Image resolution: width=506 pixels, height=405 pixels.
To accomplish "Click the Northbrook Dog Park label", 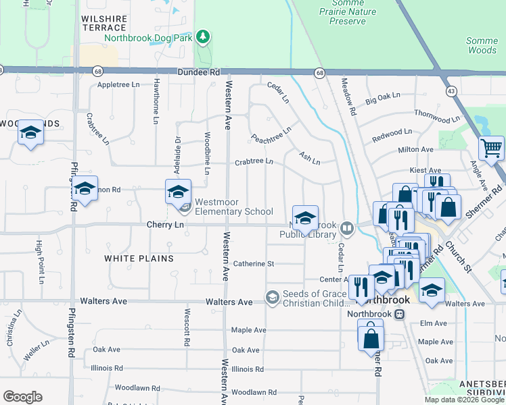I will pyautogui.click(x=149, y=38).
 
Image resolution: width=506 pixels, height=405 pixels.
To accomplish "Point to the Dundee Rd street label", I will pyautogui.click(x=199, y=72).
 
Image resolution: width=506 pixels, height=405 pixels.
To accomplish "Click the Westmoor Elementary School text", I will pyautogui.click(x=234, y=207).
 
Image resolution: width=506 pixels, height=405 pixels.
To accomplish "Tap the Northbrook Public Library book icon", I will pyautogui.click(x=347, y=227).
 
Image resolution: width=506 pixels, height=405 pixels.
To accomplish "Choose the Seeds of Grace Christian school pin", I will pyautogui.click(x=272, y=297).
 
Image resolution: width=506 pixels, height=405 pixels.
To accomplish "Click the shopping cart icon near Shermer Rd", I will pyautogui.click(x=490, y=147).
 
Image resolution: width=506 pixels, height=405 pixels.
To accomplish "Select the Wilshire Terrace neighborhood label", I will pyautogui.click(x=103, y=23).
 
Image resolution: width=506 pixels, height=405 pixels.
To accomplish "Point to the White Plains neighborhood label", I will pyautogui.click(x=139, y=259).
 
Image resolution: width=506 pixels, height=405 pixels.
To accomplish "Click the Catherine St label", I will pyautogui.click(x=253, y=264).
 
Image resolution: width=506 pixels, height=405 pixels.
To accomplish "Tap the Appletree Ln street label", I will pyautogui.click(x=118, y=84).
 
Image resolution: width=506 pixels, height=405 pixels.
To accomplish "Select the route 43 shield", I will pyautogui.click(x=451, y=90).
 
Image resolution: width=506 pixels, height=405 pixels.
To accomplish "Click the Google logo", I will pyautogui.click(x=22, y=397).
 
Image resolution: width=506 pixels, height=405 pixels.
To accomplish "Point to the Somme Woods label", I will pyautogui.click(x=482, y=45).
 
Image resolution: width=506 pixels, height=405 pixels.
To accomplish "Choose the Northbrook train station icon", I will pyautogui.click(x=399, y=314).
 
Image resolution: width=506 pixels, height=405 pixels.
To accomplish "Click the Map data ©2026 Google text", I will pyautogui.click(x=463, y=400).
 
